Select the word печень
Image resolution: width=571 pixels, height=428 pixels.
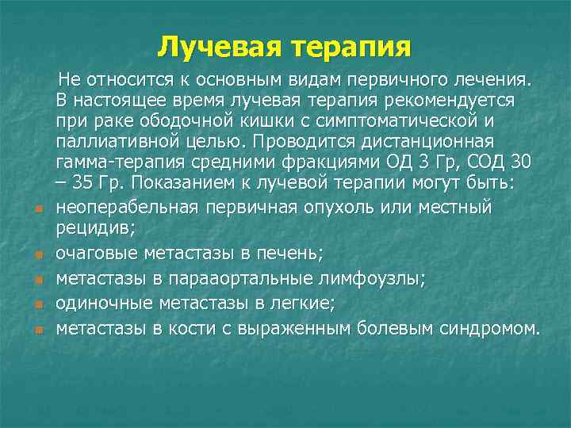[x=293, y=253]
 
